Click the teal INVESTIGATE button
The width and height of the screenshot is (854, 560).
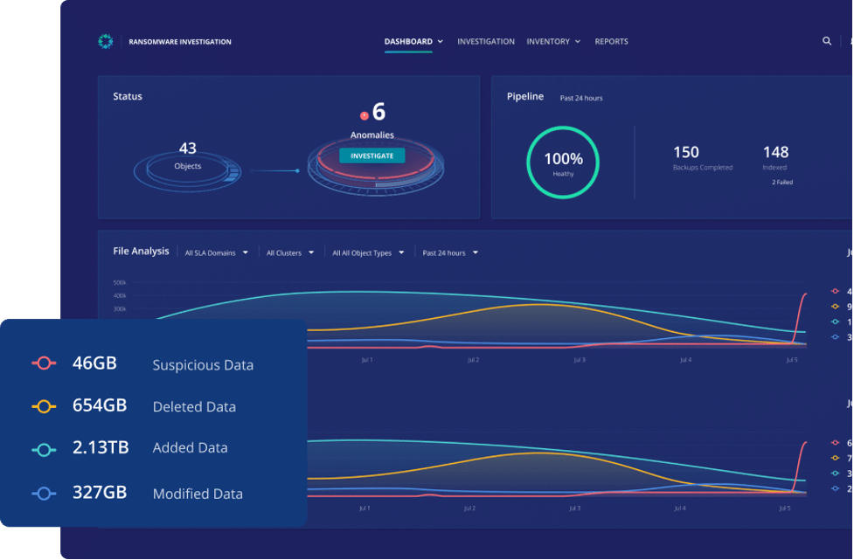pyautogui.click(x=372, y=156)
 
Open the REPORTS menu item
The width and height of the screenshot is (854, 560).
pyautogui.click(x=611, y=41)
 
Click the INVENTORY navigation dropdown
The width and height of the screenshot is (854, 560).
pyautogui.click(x=552, y=41)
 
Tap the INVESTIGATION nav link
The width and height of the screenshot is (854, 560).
pyautogui.click(x=485, y=41)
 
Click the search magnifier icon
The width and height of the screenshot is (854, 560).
pyautogui.click(x=827, y=41)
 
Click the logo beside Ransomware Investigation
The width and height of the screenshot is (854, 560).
pyautogui.click(x=106, y=41)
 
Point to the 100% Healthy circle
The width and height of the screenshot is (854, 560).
pyautogui.click(x=563, y=162)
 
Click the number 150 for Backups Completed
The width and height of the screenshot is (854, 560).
pyautogui.click(x=685, y=153)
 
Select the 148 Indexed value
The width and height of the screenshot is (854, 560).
pyautogui.click(x=775, y=153)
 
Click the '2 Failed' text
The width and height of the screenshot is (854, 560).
pyautogui.click(x=781, y=183)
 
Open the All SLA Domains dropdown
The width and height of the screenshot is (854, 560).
pyautogui.click(x=216, y=253)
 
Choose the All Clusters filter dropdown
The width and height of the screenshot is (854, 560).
pyautogui.click(x=288, y=253)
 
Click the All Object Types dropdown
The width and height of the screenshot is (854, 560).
pyautogui.click(x=367, y=253)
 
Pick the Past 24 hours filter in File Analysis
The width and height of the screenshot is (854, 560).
pyautogui.click(x=449, y=253)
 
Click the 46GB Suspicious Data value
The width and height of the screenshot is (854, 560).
pyautogui.click(x=94, y=363)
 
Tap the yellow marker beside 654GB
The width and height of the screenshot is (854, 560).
pyautogui.click(x=44, y=406)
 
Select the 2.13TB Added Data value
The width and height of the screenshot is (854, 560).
pyautogui.click(x=101, y=448)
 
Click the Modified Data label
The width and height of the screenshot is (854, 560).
pyautogui.click(x=198, y=494)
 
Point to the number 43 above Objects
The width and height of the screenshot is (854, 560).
pyautogui.click(x=187, y=149)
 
